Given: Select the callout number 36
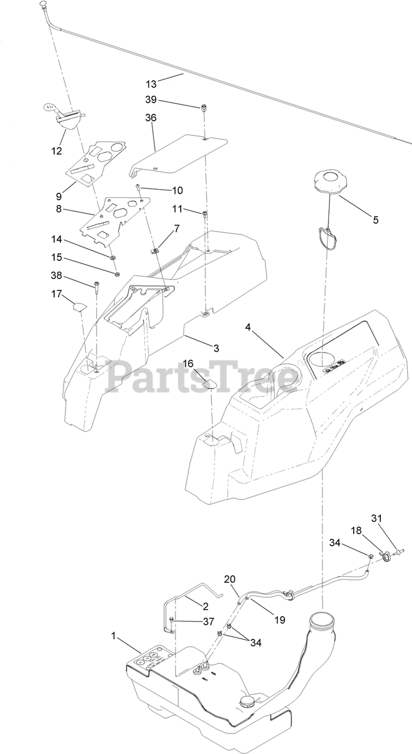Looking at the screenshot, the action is point(151,118).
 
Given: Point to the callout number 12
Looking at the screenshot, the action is point(57,151).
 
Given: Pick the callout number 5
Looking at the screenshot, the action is point(376,220).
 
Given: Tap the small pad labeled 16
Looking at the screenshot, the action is point(208,382).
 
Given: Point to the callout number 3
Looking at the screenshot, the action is point(216,348).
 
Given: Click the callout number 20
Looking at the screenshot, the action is point(230,579).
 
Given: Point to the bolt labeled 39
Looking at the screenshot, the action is point(204,107).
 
